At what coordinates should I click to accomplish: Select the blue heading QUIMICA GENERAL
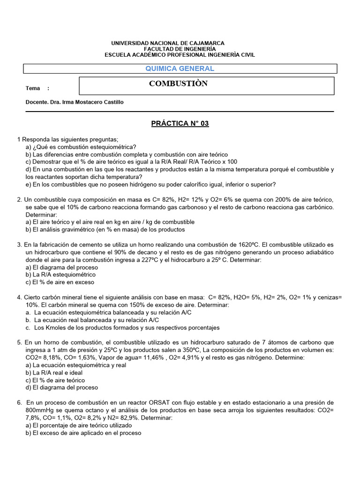coord(180,68)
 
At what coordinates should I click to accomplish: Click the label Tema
coord(33,89)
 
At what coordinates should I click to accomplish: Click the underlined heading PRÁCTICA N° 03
coord(180,124)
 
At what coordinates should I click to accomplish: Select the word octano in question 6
coord(104,410)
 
